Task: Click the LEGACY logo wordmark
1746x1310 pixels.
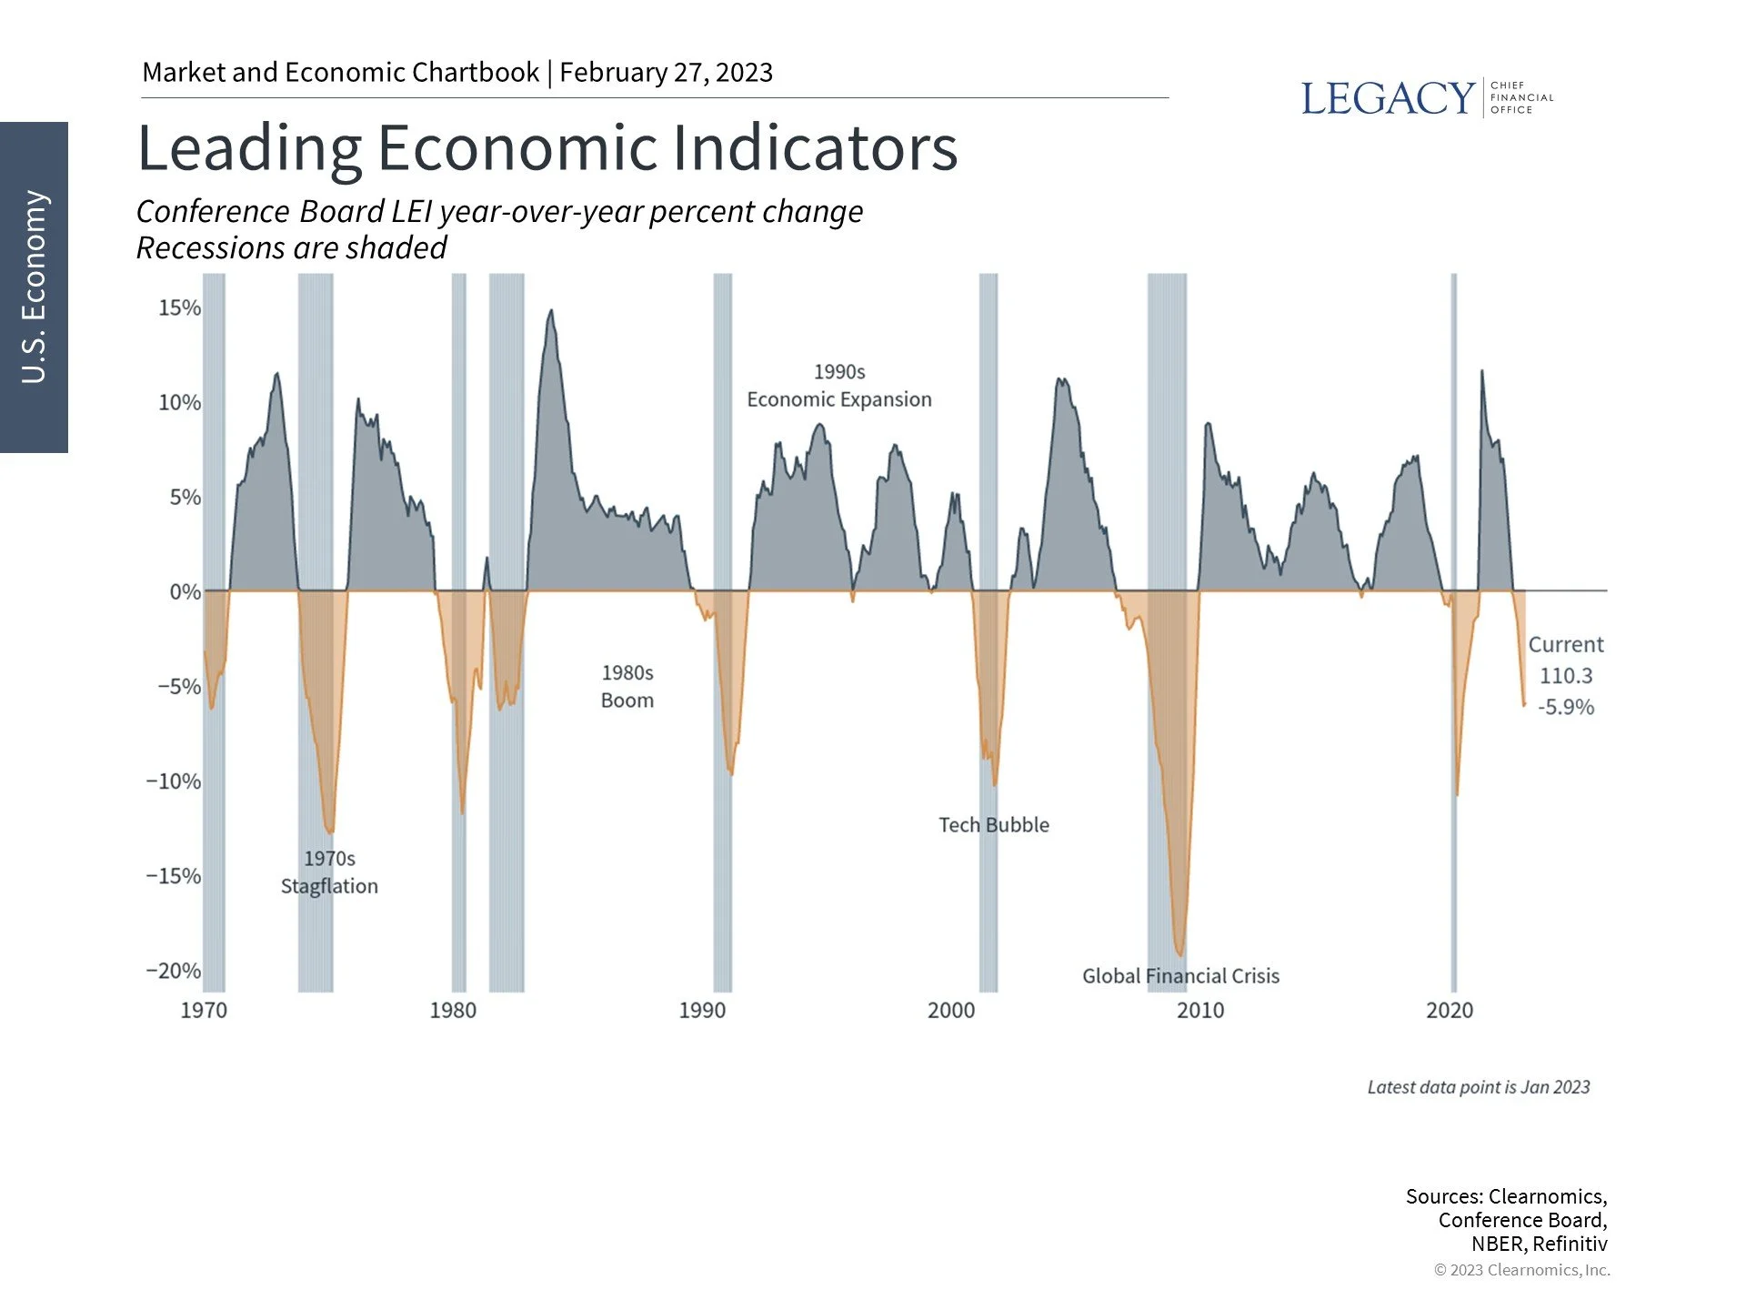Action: tap(1387, 98)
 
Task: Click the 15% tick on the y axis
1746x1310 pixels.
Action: tap(179, 307)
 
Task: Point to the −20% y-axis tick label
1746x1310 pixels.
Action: tap(174, 971)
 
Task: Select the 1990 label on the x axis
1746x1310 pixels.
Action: tap(702, 1011)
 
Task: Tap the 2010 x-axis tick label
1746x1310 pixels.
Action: tap(1200, 1011)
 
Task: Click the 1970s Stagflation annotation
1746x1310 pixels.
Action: tap(329, 872)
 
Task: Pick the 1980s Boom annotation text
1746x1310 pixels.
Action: tap(627, 687)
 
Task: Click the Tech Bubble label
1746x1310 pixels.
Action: tap(994, 825)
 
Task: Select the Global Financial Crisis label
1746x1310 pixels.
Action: tap(1180, 976)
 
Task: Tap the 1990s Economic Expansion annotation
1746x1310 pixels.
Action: tap(839, 386)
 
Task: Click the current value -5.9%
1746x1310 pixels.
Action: tap(1566, 707)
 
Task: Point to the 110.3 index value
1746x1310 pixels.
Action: tap(1566, 676)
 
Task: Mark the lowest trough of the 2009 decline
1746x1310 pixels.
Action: tap(1180, 955)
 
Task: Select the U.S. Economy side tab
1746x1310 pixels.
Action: tap(34, 287)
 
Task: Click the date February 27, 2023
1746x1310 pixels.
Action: tap(666, 73)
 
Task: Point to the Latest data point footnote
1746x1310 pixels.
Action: tap(1479, 1087)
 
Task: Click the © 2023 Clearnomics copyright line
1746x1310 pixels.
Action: tap(1521, 1270)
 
